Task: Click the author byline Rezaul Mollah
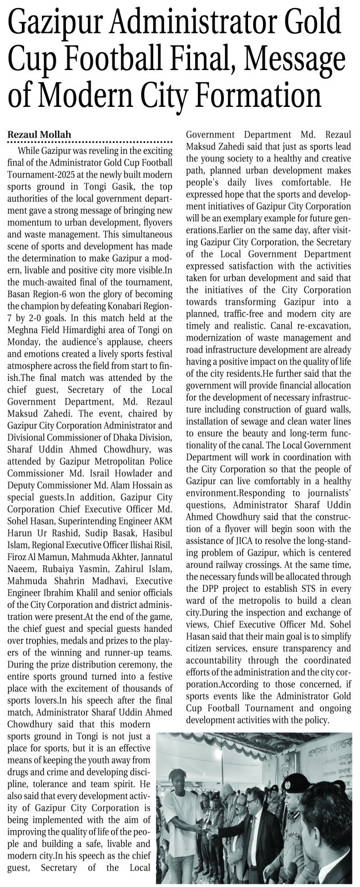(39, 134)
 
